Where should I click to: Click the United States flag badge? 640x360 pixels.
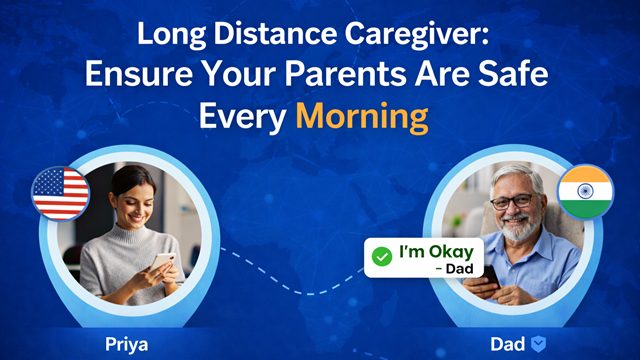tap(61, 192)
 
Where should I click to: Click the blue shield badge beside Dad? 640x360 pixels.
tap(537, 344)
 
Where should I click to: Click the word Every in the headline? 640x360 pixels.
tap(243, 117)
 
